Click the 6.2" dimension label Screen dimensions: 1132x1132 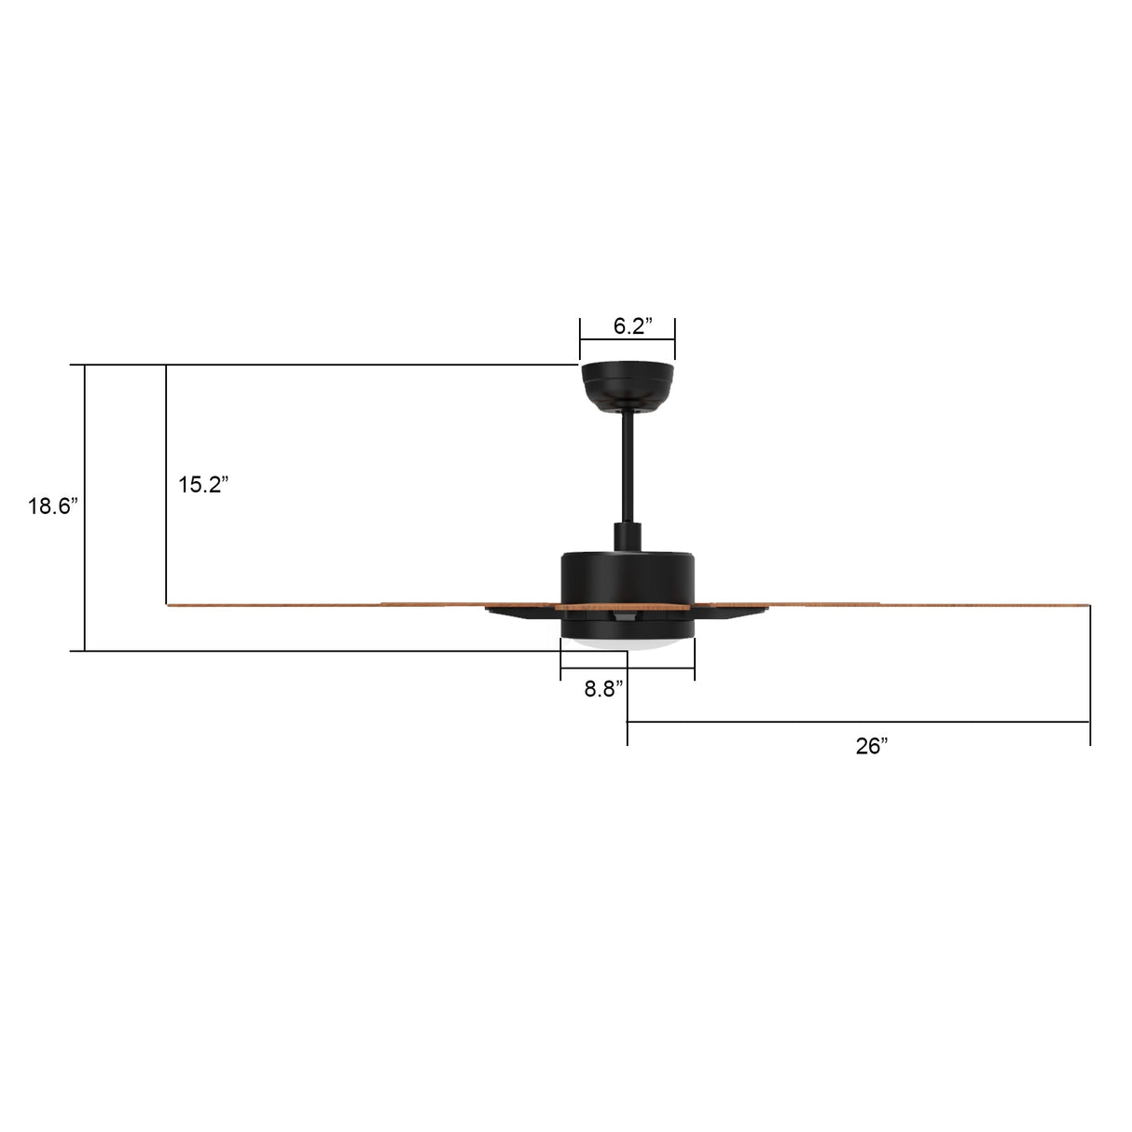click(632, 326)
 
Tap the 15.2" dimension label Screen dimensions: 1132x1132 click(203, 485)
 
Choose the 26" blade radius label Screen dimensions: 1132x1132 click(872, 746)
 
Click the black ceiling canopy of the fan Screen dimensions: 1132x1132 click(628, 382)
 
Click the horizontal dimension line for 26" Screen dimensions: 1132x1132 click(858, 722)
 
